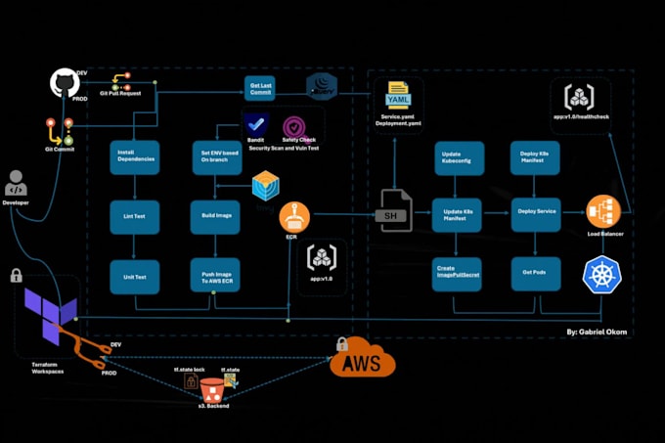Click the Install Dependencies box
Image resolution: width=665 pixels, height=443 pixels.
(x=133, y=157)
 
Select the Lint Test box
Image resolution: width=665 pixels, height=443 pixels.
(x=133, y=216)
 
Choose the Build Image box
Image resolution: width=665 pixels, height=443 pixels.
(x=215, y=216)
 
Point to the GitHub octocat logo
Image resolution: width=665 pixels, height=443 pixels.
(x=65, y=85)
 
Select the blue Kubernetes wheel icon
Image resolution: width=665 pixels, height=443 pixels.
(x=601, y=275)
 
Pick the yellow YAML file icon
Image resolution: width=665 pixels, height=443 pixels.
(x=397, y=96)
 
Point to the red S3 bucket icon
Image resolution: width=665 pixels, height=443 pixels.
(x=211, y=389)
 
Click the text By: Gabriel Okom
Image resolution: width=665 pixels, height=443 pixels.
(x=597, y=332)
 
